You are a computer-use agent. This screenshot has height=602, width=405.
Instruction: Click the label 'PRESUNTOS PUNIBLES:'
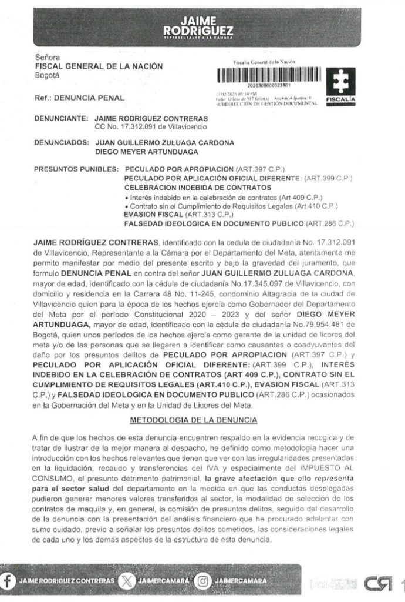click(77, 168)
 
